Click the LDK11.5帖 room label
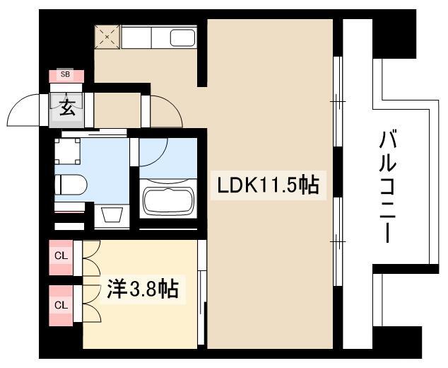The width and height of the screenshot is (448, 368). pyautogui.click(x=269, y=185)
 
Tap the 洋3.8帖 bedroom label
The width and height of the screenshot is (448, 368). pyautogui.click(x=143, y=289)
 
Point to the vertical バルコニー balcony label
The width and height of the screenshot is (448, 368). pyautogui.click(x=387, y=186)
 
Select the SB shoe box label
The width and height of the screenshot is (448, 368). pyautogui.click(x=65, y=75)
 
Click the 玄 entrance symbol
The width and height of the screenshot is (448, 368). pyautogui.click(x=67, y=108)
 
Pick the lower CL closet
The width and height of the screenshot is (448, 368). pyautogui.click(x=61, y=306)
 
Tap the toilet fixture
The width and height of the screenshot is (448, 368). pyautogui.click(x=71, y=185)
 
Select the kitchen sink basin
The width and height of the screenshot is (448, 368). pyautogui.click(x=183, y=38)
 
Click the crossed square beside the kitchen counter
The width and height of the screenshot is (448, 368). pyautogui.click(x=107, y=37)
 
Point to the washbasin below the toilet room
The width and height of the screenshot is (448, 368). pyautogui.click(x=112, y=214)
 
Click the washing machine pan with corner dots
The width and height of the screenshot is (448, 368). pyautogui.click(x=67, y=151)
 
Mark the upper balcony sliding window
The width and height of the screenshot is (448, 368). pyautogui.click(x=338, y=102)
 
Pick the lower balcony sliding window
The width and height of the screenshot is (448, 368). pyautogui.click(x=338, y=241)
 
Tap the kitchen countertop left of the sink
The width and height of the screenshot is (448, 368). pyautogui.click(x=136, y=38)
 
